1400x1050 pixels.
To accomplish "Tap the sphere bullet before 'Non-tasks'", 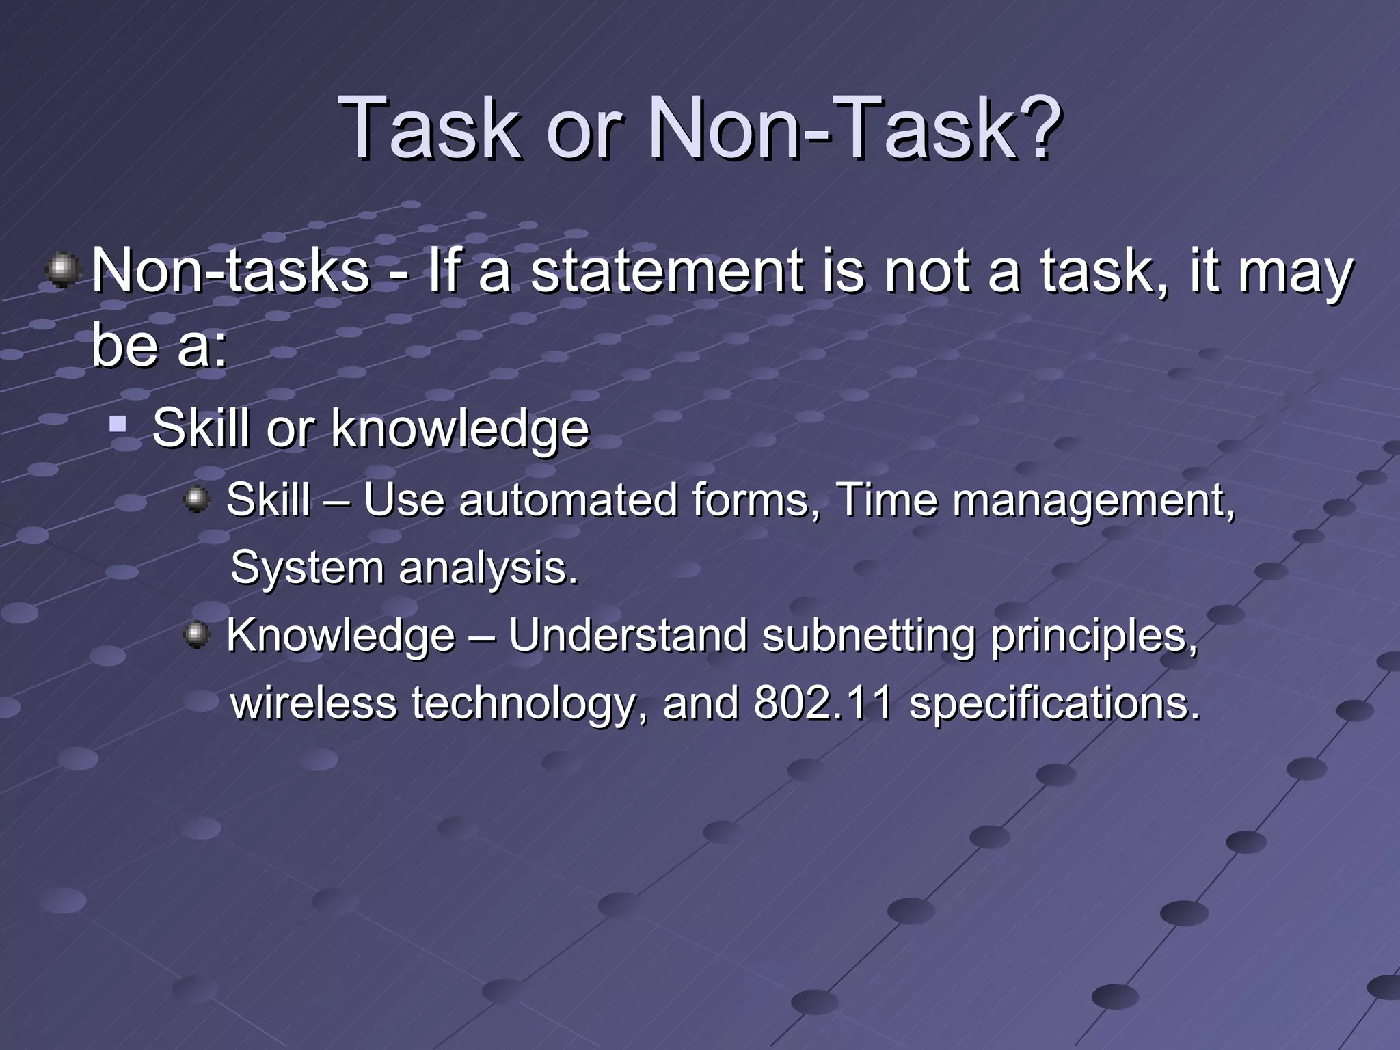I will (x=64, y=270).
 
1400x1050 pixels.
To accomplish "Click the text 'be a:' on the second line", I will (x=159, y=345).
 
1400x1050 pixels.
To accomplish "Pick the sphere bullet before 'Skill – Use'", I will (x=197, y=498).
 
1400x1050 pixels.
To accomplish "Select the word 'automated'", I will (x=567, y=500).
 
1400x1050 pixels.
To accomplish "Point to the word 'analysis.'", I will (x=488, y=568).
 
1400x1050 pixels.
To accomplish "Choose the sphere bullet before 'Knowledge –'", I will (x=197, y=635).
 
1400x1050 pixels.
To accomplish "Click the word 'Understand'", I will (x=628, y=636).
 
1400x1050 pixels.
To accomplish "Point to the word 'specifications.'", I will (x=1054, y=704).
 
